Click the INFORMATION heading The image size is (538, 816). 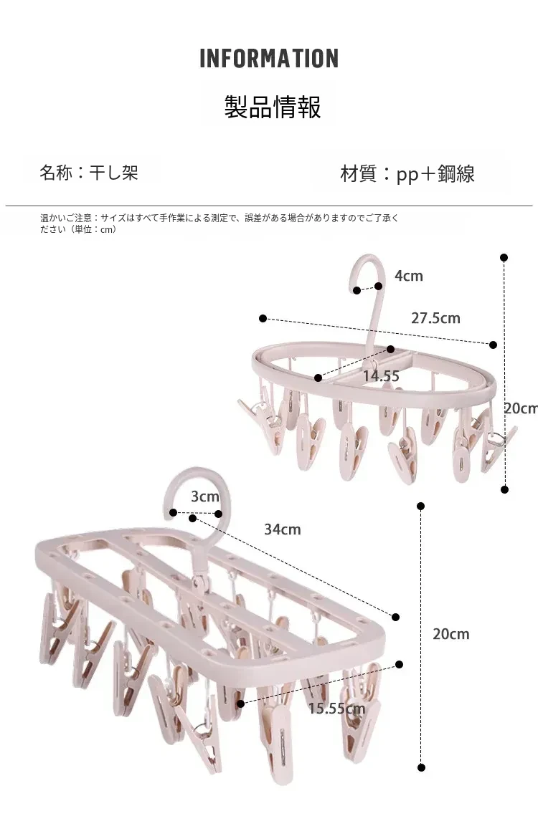point(269,59)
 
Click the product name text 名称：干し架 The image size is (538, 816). point(88,173)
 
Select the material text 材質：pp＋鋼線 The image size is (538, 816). point(407,173)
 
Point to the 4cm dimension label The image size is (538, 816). point(409,276)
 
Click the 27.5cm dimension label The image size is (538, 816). point(435,318)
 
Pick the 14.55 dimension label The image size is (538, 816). point(381,375)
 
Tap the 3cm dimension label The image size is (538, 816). point(205,496)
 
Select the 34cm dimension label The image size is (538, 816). point(282,529)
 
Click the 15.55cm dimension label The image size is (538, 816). point(336,709)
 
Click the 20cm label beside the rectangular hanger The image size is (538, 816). point(450,633)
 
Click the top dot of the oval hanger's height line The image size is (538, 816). point(504,257)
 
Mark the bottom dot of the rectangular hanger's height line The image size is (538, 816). point(422,767)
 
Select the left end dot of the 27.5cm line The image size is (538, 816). point(263,318)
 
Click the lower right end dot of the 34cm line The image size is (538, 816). point(395,616)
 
